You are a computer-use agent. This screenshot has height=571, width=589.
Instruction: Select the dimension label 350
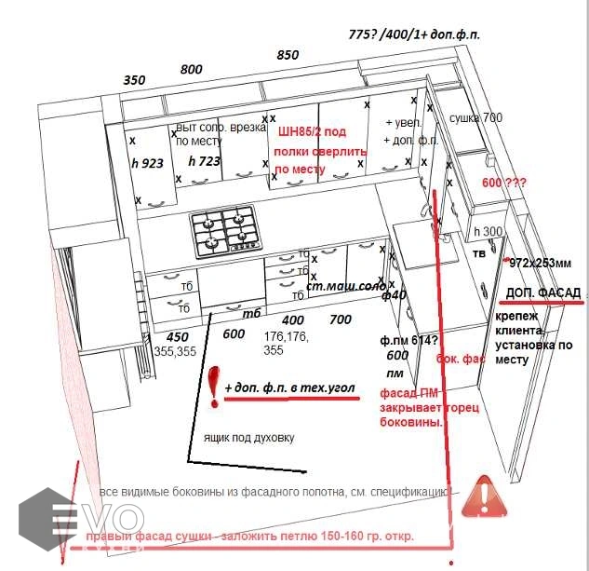coord(135,80)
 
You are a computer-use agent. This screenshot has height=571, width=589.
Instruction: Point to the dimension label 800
coord(191,69)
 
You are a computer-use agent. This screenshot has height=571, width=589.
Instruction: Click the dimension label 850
coord(288,55)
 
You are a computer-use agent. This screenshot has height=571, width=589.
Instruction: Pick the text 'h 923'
coord(148,162)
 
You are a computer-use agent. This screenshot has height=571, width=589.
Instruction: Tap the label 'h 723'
coord(204,161)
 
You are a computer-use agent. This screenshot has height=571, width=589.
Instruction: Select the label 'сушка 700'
coord(475,118)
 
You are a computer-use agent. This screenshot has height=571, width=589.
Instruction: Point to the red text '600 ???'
coord(503,183)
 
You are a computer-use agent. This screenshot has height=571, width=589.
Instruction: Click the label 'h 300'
coord(488,232)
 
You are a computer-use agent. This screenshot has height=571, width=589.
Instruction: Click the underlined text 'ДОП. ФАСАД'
coord(543,293)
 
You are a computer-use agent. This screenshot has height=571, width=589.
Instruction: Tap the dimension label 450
coord(176,337)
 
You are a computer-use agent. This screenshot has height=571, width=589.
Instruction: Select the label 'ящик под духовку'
coord(248,436)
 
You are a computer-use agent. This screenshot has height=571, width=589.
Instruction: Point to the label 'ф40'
coord(394,295)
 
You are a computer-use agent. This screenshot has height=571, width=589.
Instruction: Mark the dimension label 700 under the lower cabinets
coord(341,319)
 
